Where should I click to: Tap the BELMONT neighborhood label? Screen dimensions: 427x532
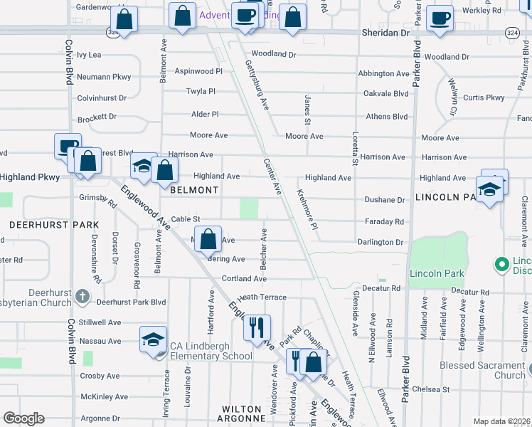pos(193,190)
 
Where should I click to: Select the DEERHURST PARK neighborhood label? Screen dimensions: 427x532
pos(53,225)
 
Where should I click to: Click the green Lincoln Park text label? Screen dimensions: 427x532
pos(436,273)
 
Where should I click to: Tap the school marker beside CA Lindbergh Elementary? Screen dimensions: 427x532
pos(153,341)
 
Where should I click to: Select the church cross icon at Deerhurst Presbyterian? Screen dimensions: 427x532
pos(83,295)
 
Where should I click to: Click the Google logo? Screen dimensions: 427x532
pos(23,418)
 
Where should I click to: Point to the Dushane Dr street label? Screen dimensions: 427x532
pos(387,201)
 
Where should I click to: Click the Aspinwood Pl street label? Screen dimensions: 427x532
pos(198,72)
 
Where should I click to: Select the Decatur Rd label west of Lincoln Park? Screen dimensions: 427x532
pos(385,288)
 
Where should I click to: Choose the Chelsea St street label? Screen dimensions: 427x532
pos(435,389)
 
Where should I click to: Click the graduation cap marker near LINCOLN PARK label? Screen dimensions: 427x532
pos(489,191)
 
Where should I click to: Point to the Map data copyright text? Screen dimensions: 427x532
pos(501,421)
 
